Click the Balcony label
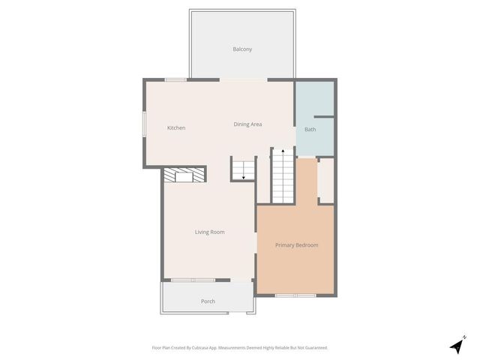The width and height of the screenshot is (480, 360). pos(242,49)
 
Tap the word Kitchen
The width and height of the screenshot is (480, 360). pos(176,128)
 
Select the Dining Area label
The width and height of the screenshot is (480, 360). pos(247,124)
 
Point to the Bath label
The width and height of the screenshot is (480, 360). pos(310,130)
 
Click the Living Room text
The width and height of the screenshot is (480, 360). pos(210,232)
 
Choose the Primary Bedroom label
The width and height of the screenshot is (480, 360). pos(296,245)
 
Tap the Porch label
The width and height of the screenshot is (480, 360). pos(208,301)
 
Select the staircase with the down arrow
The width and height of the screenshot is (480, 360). pos(243,169)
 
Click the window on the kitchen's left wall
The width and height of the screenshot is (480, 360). pos(145,124)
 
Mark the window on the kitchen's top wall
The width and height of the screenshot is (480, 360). pos(175,79)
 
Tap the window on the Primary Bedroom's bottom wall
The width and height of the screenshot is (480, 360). pos(295,295)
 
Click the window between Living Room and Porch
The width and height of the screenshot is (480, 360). pos(193,280)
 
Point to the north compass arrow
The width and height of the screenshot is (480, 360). pos(457,346)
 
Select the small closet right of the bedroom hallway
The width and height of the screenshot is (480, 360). pos(325,180)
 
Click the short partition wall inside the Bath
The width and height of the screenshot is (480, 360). pos(323,117)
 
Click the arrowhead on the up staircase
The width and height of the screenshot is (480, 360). pos(283,151)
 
